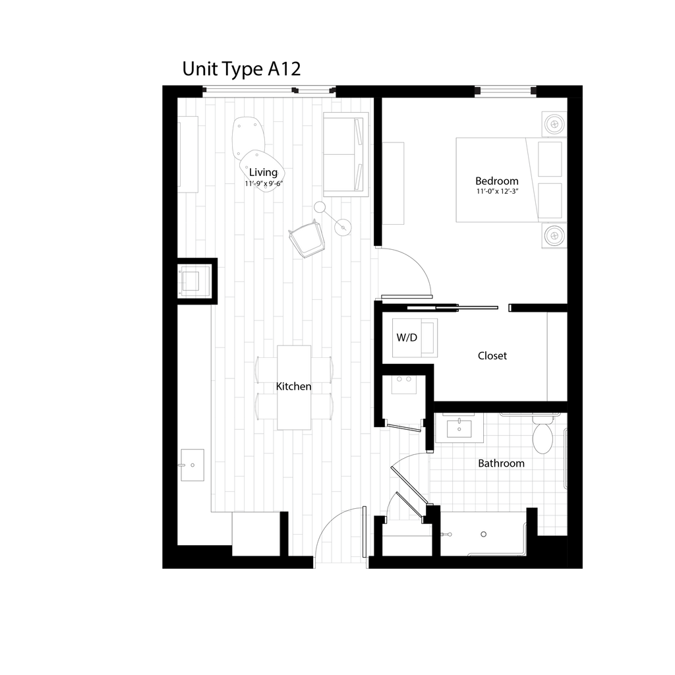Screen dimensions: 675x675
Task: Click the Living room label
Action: click(263, 173)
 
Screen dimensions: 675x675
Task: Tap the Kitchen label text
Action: click(293, 386)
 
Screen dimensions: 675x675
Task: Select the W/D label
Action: click(407, 337)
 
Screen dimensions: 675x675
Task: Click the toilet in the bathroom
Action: click(542, 434)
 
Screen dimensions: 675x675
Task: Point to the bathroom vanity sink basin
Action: click(459, 428)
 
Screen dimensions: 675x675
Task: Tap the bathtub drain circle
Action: click(484, 535)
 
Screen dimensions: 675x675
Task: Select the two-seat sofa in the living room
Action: click(345, 155)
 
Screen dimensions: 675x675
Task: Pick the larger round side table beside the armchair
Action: click(343, 227)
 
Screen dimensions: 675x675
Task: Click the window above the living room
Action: click(269, 90)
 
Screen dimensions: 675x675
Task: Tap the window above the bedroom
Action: click(505, 90)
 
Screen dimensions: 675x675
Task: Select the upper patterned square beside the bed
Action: click(553, 123)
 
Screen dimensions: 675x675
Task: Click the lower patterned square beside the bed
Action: click(553, 235)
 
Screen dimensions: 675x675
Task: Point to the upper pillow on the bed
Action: click(551, 158)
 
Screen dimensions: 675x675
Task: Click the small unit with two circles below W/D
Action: click(404, 384)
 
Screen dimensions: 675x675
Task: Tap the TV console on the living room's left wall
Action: click(189, 154)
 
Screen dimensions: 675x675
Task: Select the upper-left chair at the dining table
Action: click(266, 368)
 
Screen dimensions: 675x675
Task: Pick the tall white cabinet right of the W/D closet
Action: click(556, 356)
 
